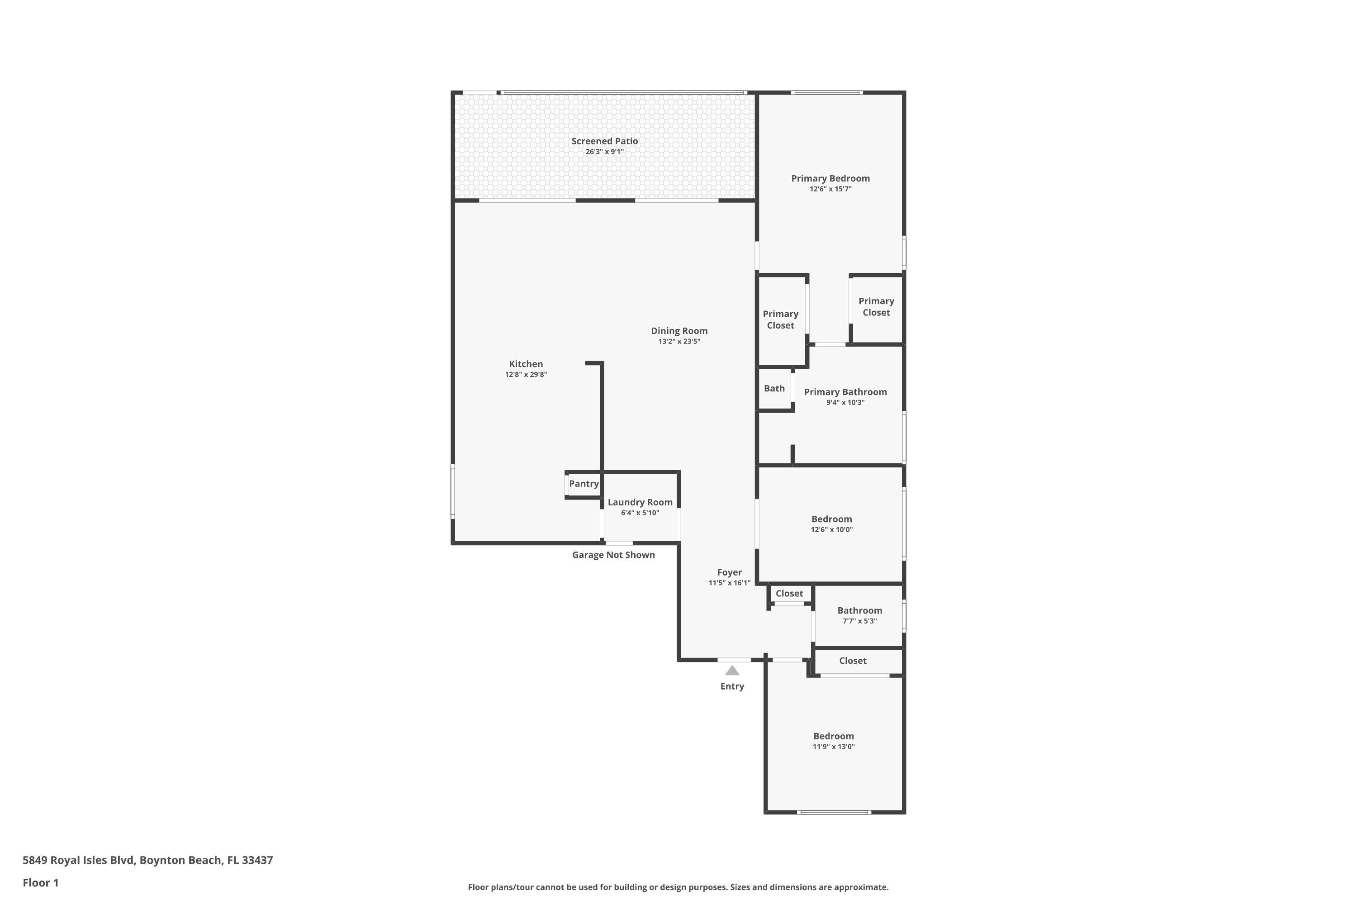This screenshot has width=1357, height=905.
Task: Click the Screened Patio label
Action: click(604, 141)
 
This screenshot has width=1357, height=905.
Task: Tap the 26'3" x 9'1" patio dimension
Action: click(604, 152)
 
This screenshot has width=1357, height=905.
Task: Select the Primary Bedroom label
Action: click(830, 178)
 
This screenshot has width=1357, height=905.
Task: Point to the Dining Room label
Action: click(678, 331)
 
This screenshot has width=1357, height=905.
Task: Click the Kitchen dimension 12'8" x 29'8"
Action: click(525, 375)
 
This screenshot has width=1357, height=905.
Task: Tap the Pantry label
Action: click(584, 484)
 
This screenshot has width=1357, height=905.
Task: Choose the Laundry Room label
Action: click(639, 502)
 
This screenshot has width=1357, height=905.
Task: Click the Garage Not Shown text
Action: click(613, 555)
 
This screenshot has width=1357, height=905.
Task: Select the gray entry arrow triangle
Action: click(731, 670)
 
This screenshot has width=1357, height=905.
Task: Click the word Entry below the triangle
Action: click(731, 686)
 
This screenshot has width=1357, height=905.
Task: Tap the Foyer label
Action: click(729, 572)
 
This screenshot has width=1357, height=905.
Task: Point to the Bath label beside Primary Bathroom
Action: click(773, 388)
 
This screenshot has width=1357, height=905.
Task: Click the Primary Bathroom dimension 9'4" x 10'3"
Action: click(845, 403)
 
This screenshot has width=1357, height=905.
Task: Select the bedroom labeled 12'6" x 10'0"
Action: click(831, 519)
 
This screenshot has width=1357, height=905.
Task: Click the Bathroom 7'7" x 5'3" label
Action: click(859, 610)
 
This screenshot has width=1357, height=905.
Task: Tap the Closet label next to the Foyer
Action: click(789, 593)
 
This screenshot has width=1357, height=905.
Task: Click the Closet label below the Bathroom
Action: click(852, 661)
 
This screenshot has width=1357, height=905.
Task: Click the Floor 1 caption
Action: click(40, 882)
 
